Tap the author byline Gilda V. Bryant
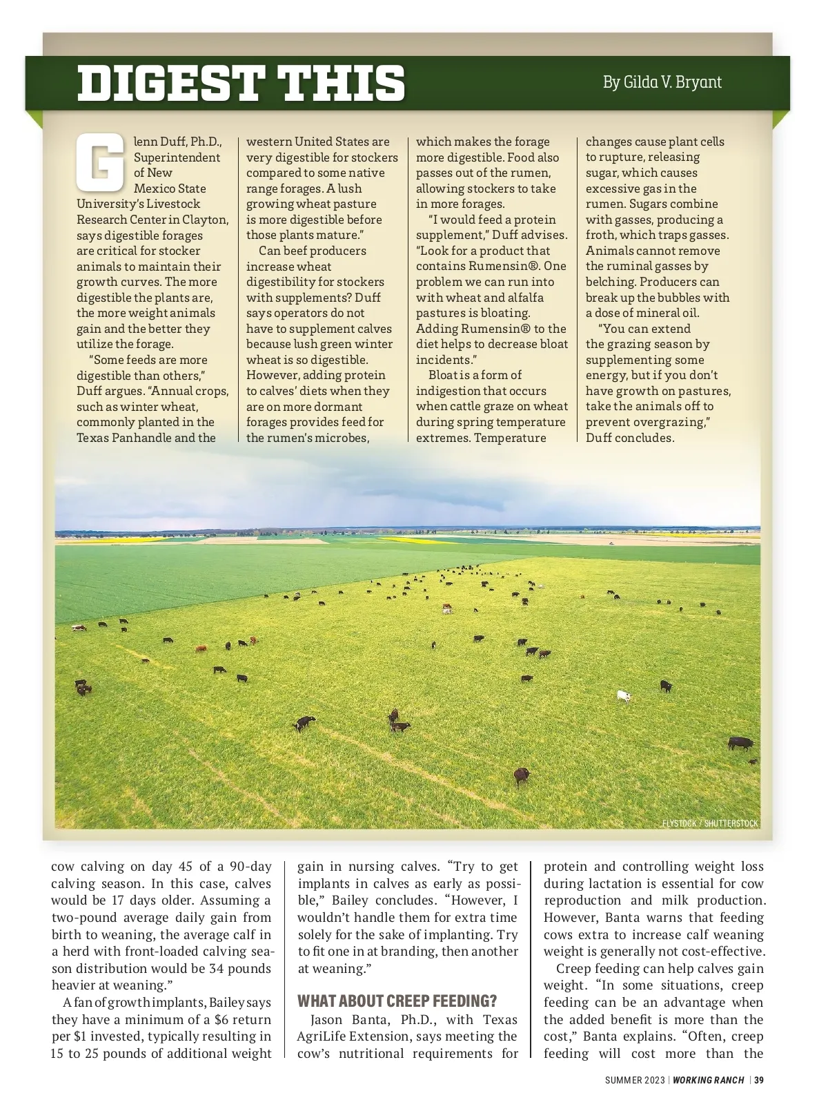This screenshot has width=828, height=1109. [662, 82]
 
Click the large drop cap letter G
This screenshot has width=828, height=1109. [101, 164]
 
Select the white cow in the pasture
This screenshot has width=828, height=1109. [623, 696]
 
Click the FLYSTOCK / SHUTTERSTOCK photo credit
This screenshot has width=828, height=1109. [709, 823]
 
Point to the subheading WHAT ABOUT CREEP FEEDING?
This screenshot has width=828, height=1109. [397, 1001]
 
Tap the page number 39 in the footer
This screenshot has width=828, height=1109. [759, 1080]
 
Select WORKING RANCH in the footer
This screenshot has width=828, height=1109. [709, 1080]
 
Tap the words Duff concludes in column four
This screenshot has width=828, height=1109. [629, 438]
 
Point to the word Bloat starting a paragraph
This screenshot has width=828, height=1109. [444, 375]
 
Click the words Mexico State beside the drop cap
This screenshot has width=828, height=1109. [170, 189]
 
